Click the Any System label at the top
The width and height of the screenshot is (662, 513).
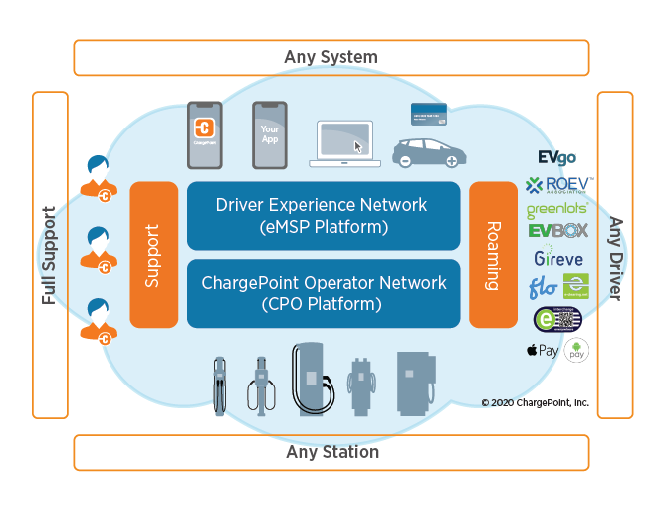[x=331, y=57]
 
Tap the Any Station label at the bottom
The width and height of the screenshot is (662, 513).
[x=331, y=452]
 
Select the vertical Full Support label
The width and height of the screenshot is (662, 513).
[x=50, y=255]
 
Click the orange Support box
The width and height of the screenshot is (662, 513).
[x=153, y=255]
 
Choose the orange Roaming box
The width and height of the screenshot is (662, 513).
[x=492, y=255]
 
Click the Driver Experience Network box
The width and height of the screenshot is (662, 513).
[x=323, y=215]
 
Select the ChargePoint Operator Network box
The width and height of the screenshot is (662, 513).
[x=323, y=293]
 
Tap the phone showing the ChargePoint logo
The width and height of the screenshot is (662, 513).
[x=204, y=134]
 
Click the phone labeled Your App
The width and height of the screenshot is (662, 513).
[x=269, y=134]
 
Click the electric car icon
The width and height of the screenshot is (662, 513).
[x=428, y=152]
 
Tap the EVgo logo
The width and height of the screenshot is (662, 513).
[x=556, y=158]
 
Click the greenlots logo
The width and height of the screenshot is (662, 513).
[x=556, y=210]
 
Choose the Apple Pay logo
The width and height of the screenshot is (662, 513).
[x=543, y=351]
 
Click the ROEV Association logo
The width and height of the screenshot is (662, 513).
[x=558, y=184]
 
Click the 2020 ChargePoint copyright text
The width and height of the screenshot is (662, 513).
[x=535, y=403]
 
